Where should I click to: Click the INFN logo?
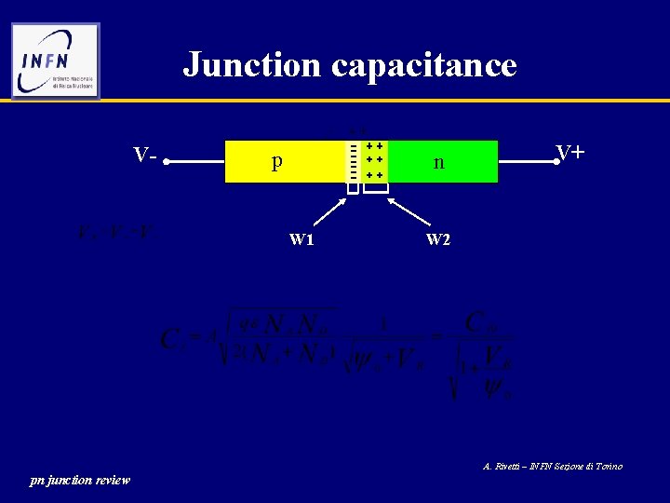pos(56,61)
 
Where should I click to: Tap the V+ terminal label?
pos(569,152)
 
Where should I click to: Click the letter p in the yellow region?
pos(276,161)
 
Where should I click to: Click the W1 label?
pos(301,239)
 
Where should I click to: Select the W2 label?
pos(438,239)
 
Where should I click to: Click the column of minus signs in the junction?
pos(353,161)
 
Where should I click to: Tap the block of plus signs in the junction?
pos(375,161)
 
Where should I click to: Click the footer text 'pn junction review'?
pos(80,480)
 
